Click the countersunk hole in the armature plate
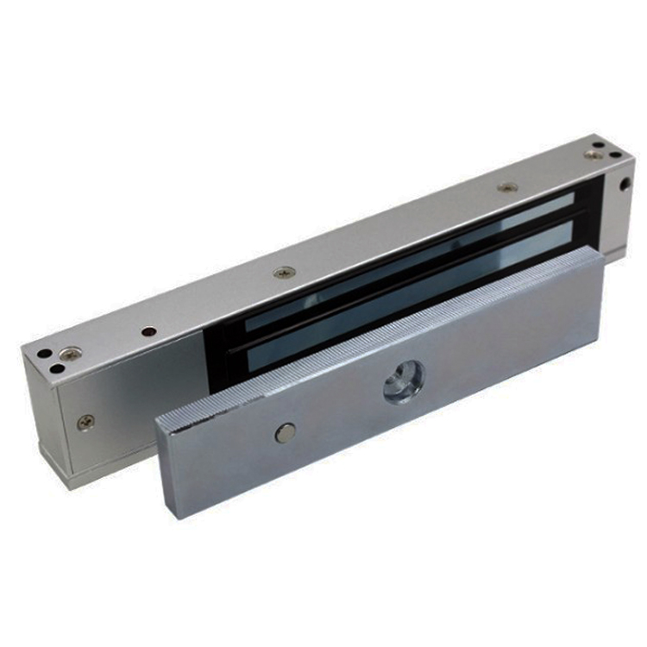coord(403,380)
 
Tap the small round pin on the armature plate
coord(285,433)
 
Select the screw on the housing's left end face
coord(85,422)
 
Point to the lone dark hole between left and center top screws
coord(149,331)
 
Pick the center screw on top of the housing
coord(284,273)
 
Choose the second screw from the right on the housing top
coord(507,186)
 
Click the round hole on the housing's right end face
coord(624,184)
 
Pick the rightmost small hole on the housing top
coord(615,155)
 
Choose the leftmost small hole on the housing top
coord(41,354)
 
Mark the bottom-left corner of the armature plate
coord(180,515)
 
